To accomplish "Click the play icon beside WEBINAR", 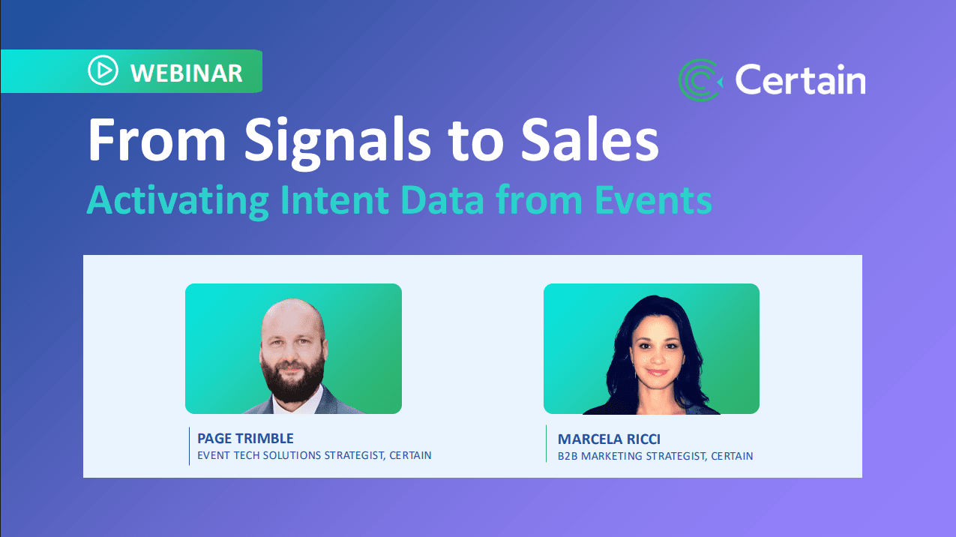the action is coord(103,70).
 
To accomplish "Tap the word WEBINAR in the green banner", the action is coord(187,73).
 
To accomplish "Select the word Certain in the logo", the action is coord(800,79).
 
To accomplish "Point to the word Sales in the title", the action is coord(590,139).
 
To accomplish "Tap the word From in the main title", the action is coord(157,139).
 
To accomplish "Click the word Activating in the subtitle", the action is coord(178,201).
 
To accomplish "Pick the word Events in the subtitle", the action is coord(653,199).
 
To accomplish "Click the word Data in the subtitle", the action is coord(442,199).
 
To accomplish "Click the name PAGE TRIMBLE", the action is coord(245,439).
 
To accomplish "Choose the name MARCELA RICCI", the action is coord(609,439).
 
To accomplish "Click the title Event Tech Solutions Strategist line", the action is coord(314,455).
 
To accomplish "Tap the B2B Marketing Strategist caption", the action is coord(655,456).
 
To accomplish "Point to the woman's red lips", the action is coord(657,373).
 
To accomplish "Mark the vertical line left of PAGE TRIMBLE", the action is coord(189,446).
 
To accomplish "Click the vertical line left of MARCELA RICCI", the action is coord(547,443).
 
